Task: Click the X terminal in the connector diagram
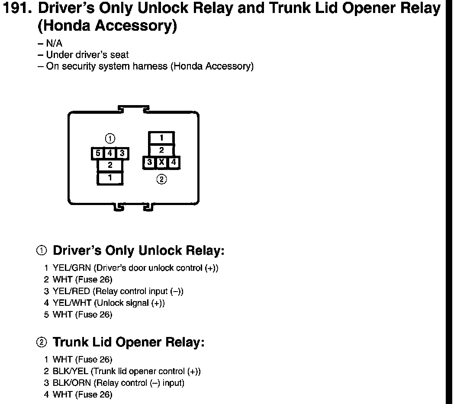click(x=161, y=163)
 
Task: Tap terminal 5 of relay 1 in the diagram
click(x=98, y=153)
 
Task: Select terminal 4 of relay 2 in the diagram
click(x=174, y=163)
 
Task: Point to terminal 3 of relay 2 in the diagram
click(x=149, y=163)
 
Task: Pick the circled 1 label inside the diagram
click(x=110, y=139)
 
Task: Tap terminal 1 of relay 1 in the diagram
click(x=110, y=177)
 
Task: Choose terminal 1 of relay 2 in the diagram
click(x=161, y=138)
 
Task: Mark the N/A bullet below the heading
click(x=56, y=44)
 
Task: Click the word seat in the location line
click(x=120, y=55)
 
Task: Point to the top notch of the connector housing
click(x=134, y=108)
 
